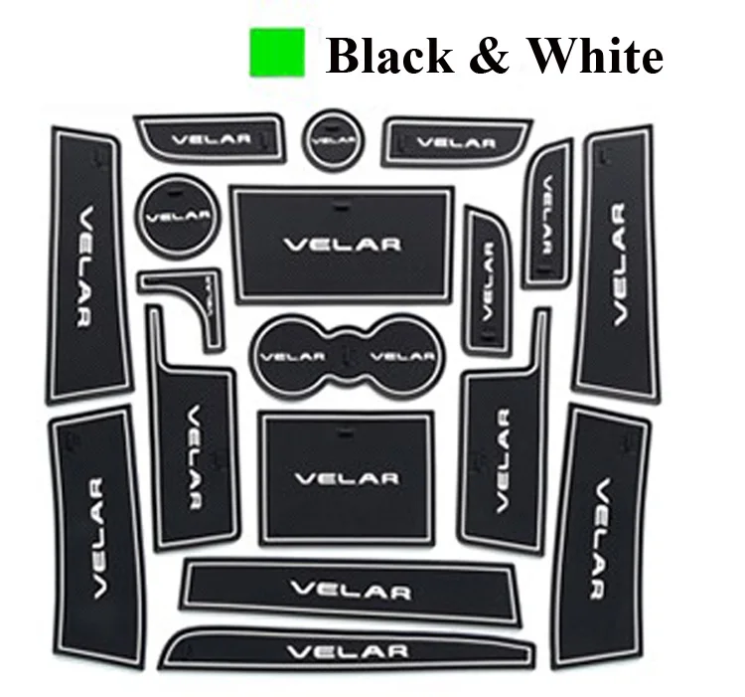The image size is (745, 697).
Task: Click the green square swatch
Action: tap(277, 53)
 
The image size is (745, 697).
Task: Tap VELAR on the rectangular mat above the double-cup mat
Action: tap(342, 244)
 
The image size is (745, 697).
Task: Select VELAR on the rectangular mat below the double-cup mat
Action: tap(347, 478)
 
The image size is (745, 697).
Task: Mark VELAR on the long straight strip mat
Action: tap(351, 591)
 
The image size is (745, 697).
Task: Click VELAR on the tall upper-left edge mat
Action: tap(87, 266)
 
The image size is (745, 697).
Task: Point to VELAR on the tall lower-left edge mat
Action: tap(97, 538)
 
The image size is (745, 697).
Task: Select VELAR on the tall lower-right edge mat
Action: tap(602, 538)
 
